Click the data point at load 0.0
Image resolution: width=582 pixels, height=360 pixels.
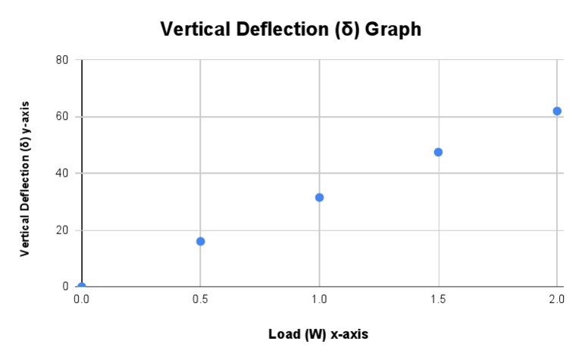(82, 286)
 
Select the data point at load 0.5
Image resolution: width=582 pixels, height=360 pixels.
(201, 241)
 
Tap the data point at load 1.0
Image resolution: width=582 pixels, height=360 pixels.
(319, 197)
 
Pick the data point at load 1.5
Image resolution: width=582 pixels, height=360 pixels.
(438, 152)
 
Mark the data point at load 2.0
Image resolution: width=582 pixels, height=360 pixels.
(557, 111)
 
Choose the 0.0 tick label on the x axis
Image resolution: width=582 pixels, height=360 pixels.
(82, 300)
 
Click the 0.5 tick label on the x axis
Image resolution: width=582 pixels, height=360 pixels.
(201, 300)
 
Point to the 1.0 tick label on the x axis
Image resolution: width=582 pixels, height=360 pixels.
(319, 300)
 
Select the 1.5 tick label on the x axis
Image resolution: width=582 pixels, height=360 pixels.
(438, 300)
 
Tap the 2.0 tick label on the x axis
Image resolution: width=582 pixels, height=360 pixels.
(556, 300)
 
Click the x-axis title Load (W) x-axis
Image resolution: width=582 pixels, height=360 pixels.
(318, 334)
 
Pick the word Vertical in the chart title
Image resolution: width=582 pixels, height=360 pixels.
(194, 30)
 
